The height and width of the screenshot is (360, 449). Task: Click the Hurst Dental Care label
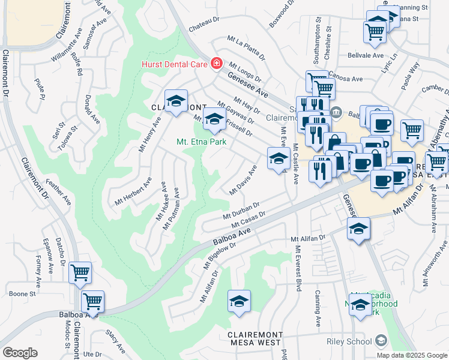point(174,64)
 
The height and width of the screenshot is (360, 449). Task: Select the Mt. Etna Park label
point(200,142)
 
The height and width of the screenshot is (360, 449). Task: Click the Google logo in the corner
point(20,353)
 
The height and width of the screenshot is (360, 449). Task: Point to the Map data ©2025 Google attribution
point(412,355)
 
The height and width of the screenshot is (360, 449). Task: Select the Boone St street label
point(23,294)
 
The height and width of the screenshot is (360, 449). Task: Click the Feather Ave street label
point(58,192)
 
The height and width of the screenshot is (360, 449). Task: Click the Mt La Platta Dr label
point(246,48)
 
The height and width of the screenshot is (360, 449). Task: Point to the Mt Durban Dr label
point(240,211)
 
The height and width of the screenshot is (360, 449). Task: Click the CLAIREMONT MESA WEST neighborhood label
point(255,338)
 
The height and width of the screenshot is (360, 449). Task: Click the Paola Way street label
point(411,77)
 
